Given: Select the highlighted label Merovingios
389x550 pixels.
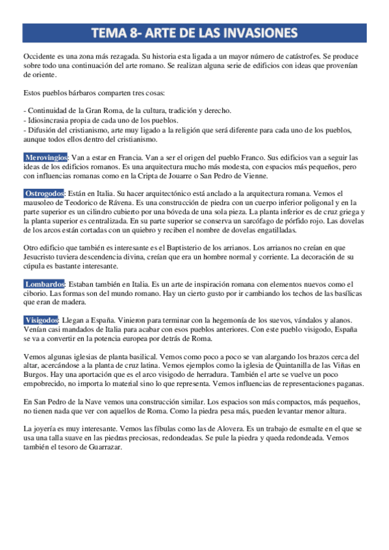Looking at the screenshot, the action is pyautogui.click(x=45, y=158).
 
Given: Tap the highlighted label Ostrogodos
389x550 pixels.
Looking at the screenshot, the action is pyautogui.click(x=44, y=194).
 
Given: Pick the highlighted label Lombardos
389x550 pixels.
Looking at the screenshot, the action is pyautogui.click(x=44, y=284).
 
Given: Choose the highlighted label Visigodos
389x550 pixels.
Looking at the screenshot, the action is pyautogui.click(x=42, y=320).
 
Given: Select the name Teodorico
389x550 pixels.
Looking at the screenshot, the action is pyautogui.click(x=80, y=203).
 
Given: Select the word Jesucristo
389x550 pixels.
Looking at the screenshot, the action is pyautogui.click(x=41, y=257).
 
